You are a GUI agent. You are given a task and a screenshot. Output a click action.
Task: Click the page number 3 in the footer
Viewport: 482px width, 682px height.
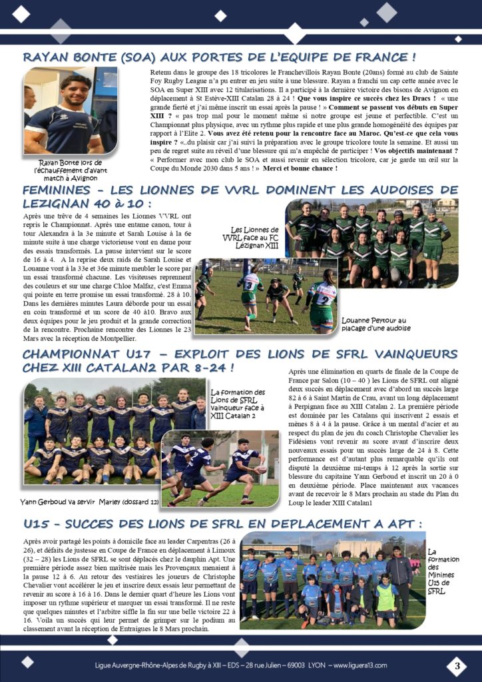(457, 665)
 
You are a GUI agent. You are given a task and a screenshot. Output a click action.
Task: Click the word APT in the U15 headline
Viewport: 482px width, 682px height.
(394, 522)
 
